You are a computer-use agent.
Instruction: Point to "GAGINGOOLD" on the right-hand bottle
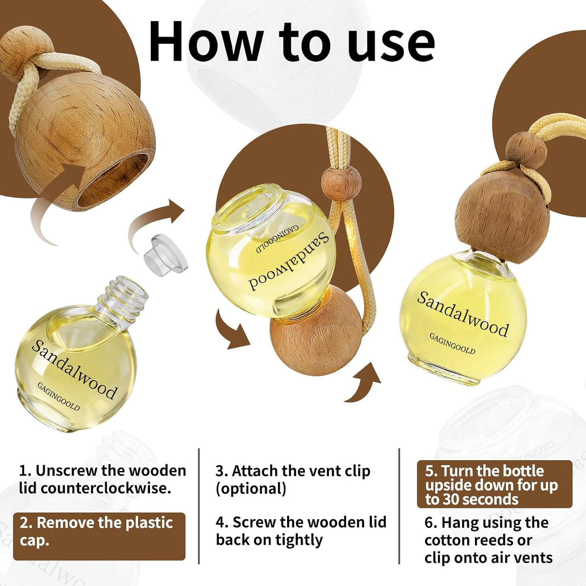452,343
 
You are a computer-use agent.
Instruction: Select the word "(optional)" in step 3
251,489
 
